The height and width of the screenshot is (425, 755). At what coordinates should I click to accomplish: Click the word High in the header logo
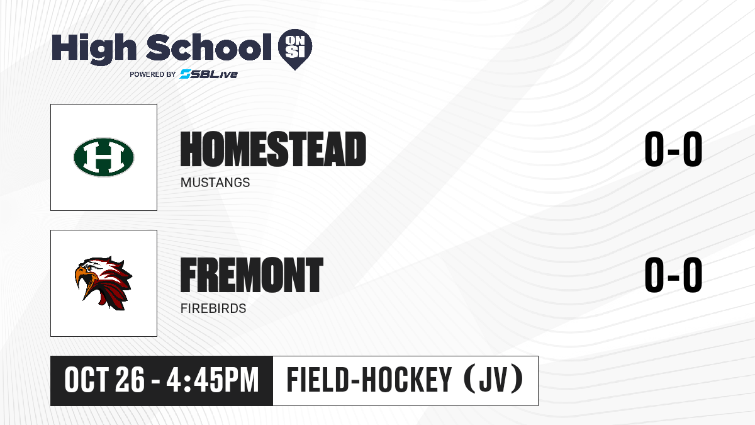click(94, 49)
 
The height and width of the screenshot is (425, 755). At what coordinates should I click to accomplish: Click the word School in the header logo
click(209, 47)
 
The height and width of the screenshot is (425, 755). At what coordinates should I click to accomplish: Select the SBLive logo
click(209, 74)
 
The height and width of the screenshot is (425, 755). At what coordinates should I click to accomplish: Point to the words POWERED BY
click(153, 74)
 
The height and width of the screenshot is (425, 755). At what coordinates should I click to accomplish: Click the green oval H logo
click(104, 157)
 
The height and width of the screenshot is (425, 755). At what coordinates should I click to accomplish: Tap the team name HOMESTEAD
click(273, 149)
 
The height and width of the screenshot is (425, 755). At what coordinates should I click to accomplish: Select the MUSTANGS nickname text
click(215, 183)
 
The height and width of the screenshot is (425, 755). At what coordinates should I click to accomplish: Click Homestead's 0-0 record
click(673, 149)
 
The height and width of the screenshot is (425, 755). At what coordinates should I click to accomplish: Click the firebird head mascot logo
click(103, 283)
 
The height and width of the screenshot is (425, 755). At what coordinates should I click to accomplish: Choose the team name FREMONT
click(252, 275)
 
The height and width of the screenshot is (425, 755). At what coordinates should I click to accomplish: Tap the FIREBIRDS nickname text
click(213, 309)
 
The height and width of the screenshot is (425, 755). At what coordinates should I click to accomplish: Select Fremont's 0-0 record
click(673, 275)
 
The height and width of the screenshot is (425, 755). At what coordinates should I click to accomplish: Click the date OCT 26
click(104, 380)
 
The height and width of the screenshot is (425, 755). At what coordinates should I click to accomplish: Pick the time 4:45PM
click(213, 380)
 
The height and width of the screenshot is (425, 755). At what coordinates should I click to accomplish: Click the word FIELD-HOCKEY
click(369, 380)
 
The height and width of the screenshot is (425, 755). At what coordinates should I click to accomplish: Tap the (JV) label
click(494, 380)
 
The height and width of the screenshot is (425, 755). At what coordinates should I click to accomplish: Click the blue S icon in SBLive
click(186, 74)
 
